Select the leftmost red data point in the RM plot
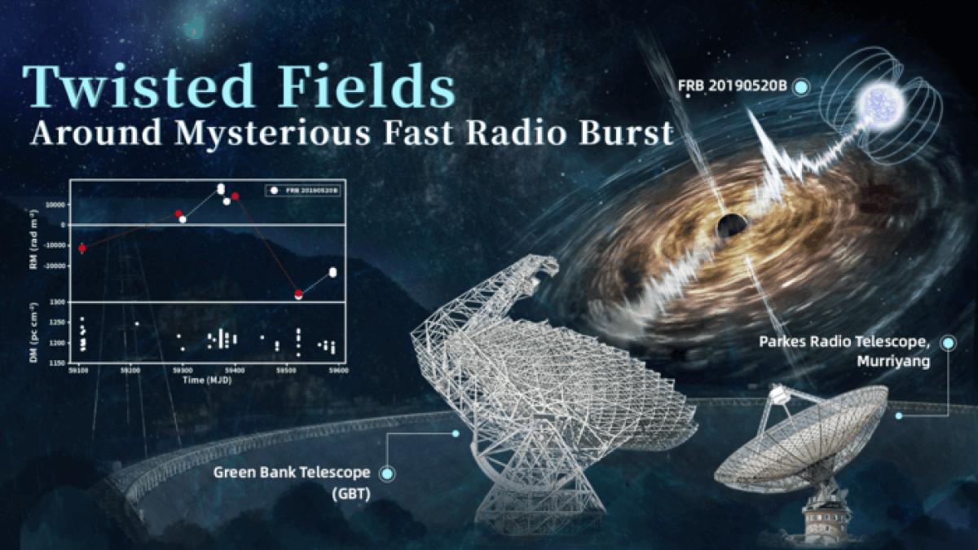pos(81,248)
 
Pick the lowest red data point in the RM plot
pos(298,293)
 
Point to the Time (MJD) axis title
pos(204,380)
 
